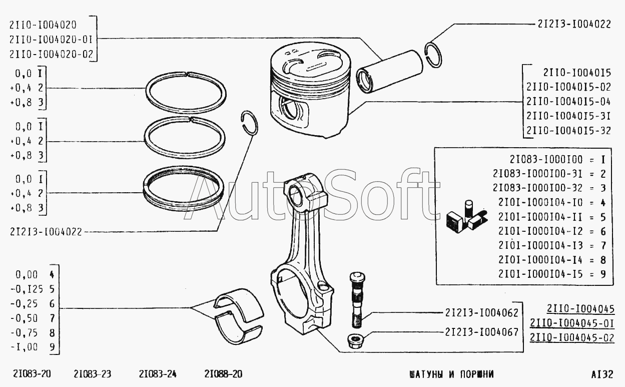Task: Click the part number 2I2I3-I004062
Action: [481, 313]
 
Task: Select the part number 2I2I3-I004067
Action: [481, 332]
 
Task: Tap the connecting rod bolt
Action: [356, 300]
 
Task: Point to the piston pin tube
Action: [389, 72]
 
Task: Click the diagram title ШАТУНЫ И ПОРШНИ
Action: [451, 374]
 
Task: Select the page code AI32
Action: [602, 374]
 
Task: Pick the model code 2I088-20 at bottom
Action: [223, 373]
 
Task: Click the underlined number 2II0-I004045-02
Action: [572, 338]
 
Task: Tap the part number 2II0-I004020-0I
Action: [51, 40]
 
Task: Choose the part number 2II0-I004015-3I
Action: [568, 116]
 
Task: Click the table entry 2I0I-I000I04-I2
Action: [540, 231]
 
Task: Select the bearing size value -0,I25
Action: [27, 289]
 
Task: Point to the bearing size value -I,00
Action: [24, 347]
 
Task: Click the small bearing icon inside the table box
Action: [466, 217]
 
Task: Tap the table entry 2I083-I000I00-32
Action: [537, 188]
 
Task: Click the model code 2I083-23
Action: [93, 373]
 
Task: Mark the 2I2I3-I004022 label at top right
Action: [574, 25]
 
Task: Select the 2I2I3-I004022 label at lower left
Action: [46, 232]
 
